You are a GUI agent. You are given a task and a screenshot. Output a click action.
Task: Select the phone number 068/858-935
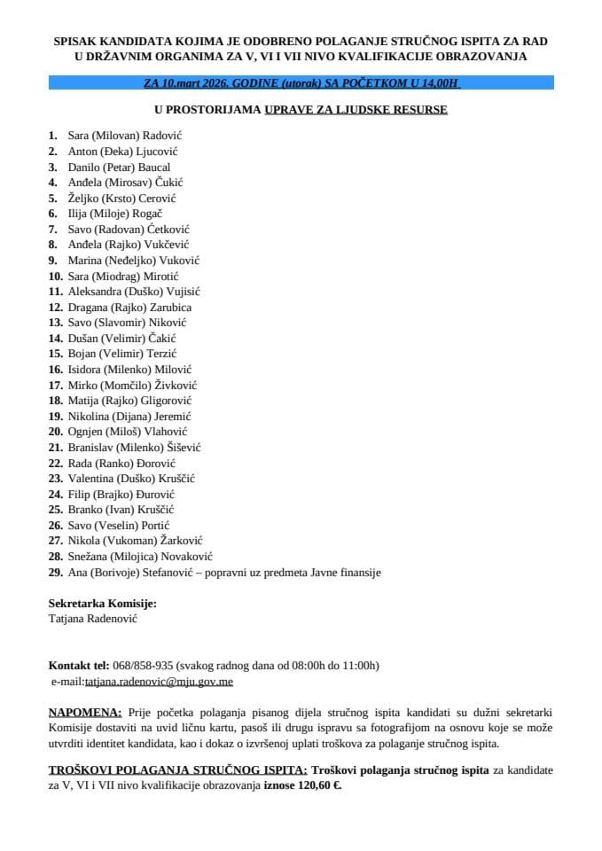coord(143,666)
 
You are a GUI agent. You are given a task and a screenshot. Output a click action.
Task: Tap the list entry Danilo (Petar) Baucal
coord(119,167)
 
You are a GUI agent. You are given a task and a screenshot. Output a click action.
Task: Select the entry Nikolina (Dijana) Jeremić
coord(129,417)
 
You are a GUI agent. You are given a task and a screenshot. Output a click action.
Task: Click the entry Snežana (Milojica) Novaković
coord(140,557)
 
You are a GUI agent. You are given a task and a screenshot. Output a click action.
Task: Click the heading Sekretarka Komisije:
coord(102,604)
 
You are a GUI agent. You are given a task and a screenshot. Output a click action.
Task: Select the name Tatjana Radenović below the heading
coord(93,620)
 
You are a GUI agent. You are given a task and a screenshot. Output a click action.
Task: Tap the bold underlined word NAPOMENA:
coord(85,713)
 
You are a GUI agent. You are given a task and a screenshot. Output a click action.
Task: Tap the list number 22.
coord(55,464)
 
